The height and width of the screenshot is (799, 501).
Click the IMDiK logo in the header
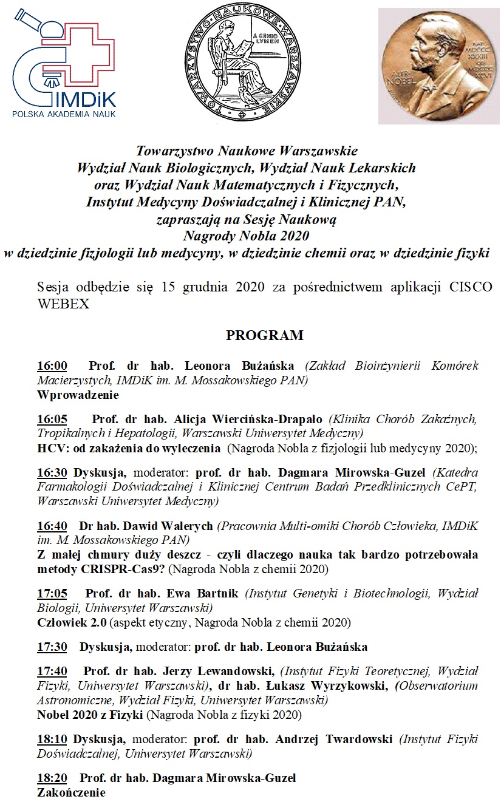pos(64,61)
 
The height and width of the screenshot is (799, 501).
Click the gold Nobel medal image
pos(439,66)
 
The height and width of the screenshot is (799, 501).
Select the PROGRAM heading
pos(265,336)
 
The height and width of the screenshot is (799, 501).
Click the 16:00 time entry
pos(52,366)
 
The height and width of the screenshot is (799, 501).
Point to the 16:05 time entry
pos(52,420)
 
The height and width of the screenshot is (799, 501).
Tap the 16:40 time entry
pos(52,526)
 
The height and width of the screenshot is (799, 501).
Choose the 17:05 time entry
pos(52,593)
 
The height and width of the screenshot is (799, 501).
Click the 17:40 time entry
pos(52,671)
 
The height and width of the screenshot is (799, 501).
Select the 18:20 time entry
pos(52,778)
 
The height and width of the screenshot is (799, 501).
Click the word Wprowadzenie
pos(78,395)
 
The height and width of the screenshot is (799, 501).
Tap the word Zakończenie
pos(72,792)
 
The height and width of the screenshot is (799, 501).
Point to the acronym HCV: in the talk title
pos(51,449)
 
